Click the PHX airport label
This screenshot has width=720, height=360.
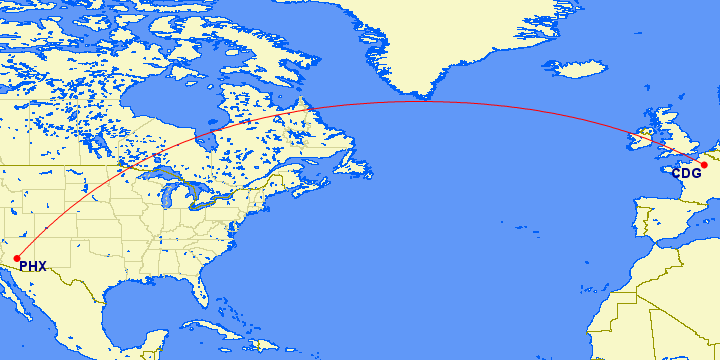pos(34,267)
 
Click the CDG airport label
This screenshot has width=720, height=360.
pos(686,173)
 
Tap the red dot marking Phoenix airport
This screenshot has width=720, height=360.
pos(17,258)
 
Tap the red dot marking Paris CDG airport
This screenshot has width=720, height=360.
pos(704,164)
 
